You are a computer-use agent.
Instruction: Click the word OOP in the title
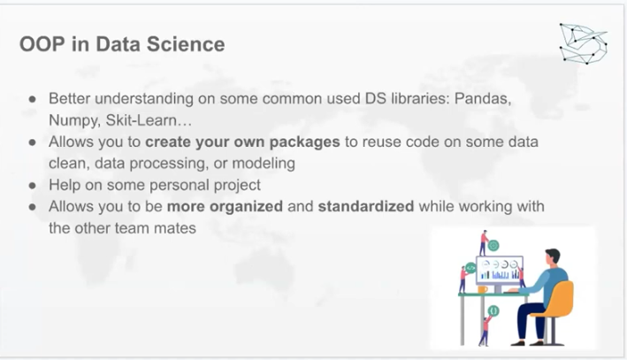pos(42,44)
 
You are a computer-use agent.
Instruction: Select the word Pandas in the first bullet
pos(483,98)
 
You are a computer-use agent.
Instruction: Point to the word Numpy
pos(74,120)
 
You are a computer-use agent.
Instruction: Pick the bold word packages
pos(305,142)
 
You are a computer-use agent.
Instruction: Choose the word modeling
pos(264,164)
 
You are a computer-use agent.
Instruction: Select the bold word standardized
pos(366,206)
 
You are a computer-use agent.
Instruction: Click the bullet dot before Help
pos(33,186)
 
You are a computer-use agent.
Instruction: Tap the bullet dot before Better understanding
pos(33,99)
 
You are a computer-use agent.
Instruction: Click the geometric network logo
pos(583,43)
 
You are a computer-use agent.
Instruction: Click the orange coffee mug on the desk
pos(483,289)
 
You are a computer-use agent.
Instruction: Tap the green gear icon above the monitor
pos(493,246)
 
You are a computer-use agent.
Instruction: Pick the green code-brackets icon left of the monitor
pos(470,268)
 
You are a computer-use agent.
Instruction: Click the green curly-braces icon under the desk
pos(493,310)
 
